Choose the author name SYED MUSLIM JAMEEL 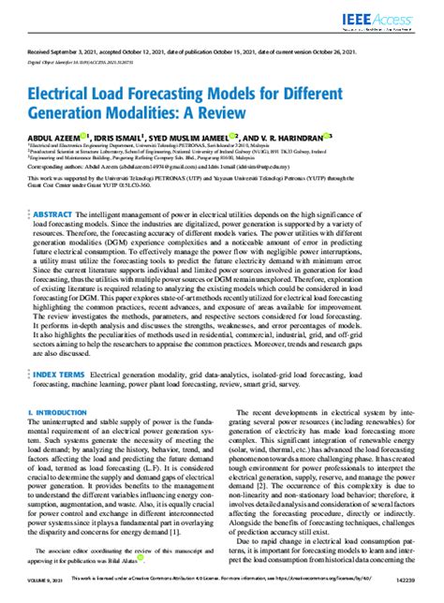click(x=222, y=137)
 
